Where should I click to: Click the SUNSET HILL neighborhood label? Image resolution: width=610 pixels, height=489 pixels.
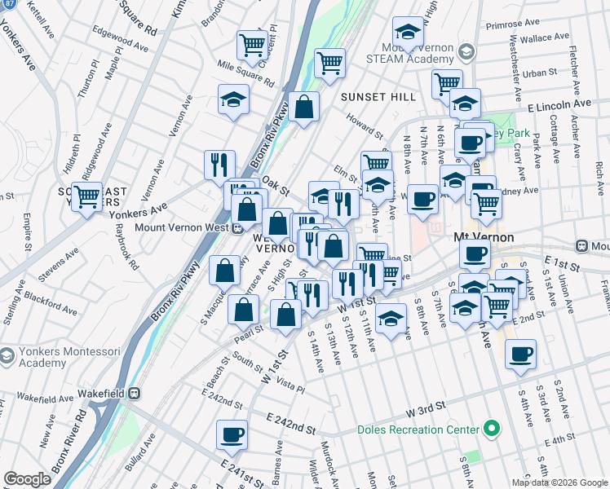coord(373,97)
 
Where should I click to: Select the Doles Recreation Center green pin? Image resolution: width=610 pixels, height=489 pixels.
coord(490,428)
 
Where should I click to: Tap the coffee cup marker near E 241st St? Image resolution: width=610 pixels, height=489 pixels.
coord(232,434)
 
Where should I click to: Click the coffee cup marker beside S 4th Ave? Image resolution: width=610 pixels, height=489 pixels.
coord(520,354)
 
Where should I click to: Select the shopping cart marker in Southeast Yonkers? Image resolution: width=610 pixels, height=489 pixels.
coord(87,195)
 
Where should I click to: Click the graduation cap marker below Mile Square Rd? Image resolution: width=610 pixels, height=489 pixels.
coord(233,99)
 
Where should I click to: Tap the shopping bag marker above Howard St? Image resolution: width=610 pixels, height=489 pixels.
coord(303,106)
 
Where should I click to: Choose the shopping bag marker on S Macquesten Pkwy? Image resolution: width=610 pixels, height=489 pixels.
coord(224,270)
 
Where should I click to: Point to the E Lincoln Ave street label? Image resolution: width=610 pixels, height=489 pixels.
coord(559,104)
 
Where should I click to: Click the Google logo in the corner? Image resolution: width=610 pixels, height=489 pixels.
coord(28,478)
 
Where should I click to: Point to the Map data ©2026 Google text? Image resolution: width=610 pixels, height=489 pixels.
coord(559,482)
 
